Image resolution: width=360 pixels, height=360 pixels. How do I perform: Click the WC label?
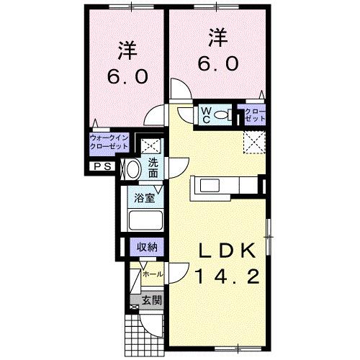205,114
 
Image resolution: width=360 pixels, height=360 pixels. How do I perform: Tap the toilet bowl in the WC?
222,115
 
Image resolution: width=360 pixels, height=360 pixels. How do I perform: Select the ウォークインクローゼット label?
108,141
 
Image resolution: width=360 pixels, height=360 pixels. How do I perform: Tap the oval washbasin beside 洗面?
132,169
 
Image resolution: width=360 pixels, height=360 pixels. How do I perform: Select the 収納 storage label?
148,247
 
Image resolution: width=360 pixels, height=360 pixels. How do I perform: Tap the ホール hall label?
150,274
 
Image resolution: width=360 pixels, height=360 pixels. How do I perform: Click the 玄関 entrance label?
150,300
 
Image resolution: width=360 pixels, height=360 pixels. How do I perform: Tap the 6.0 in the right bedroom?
214,63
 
